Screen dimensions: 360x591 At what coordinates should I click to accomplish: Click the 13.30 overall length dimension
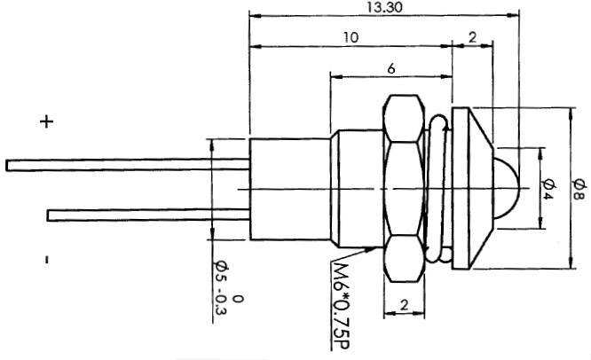[381, 6]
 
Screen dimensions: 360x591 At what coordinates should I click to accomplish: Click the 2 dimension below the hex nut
[404, 305]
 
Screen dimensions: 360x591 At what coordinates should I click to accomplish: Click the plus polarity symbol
[46, 122]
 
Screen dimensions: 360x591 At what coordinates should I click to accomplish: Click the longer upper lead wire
[124, 164]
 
